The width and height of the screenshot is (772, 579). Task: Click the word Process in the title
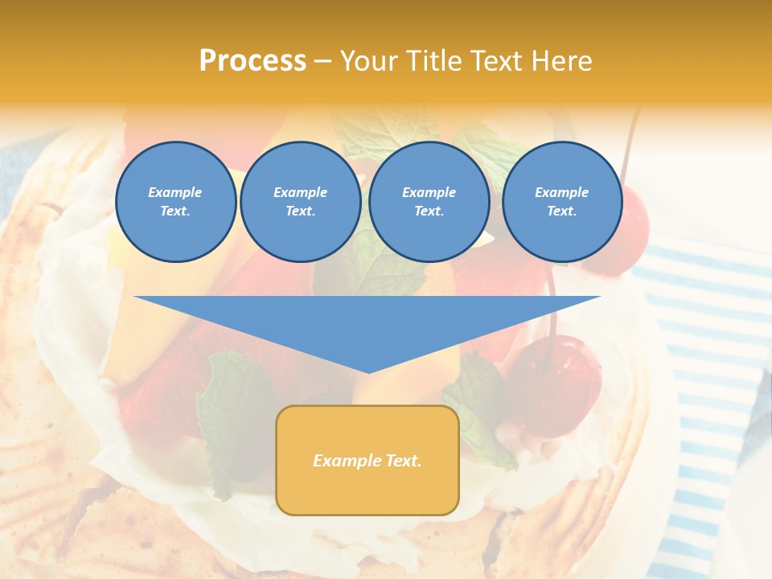[253, 60]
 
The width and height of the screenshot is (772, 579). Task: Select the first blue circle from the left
[175, 202]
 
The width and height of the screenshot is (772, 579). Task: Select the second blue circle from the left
[300, 202]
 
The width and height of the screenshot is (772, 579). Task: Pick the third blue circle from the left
[429, 202]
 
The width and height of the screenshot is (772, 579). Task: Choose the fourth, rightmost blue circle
[561, 202]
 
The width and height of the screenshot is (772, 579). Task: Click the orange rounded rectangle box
[368, 460]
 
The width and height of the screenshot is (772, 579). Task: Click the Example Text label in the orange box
[368, 461]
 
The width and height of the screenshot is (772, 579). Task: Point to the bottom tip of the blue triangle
[368, 371]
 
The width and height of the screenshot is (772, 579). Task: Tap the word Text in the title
[491, 60]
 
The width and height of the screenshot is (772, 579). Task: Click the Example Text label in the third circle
[429, 202]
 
